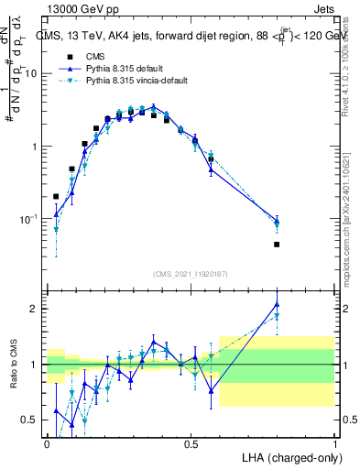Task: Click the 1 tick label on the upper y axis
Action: pos(34,147)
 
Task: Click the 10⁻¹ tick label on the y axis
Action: pos(29,220)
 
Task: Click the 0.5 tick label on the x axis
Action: pos(191,443)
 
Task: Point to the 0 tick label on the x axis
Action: pos(47,443)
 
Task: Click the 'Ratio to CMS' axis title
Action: pos(13,365)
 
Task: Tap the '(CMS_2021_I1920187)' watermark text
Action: pos(191,273)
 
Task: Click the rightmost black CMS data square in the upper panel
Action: pos(277,245)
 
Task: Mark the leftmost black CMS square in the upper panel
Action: pos(56,196)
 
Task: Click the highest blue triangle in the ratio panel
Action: pos(277,305)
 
